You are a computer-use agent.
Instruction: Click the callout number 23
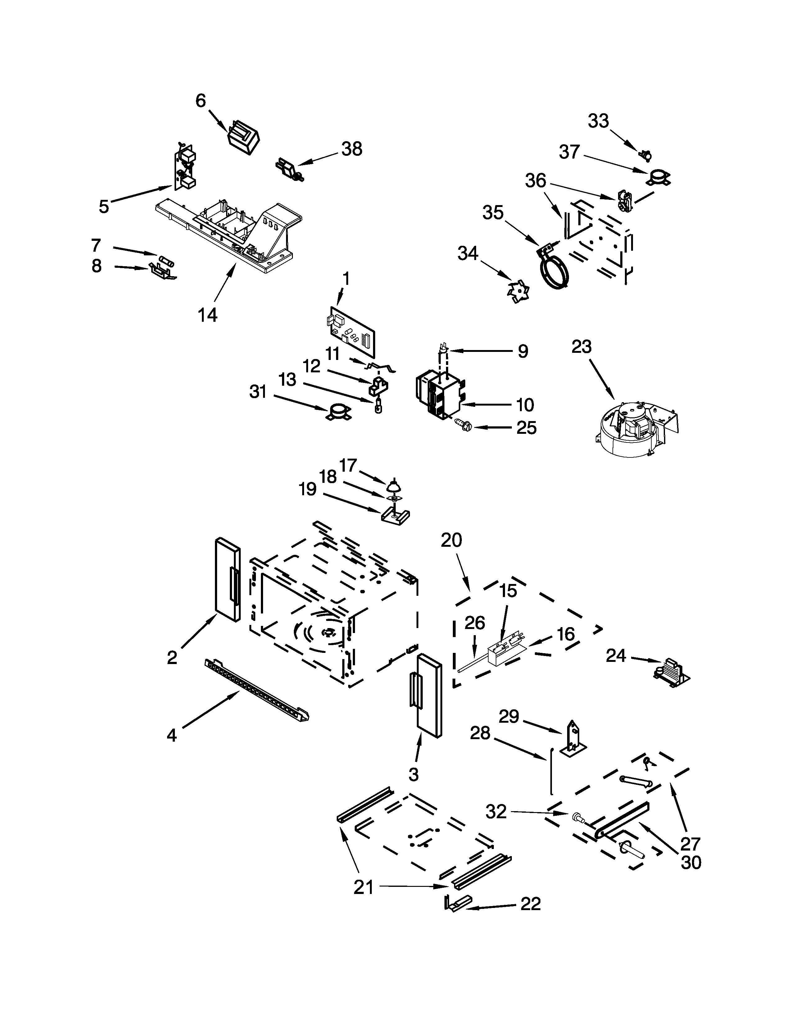click(x=581, y=347)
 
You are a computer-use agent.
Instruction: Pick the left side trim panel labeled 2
click(x=228, y=581)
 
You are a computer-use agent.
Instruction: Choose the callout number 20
click(x=451, y=540)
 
